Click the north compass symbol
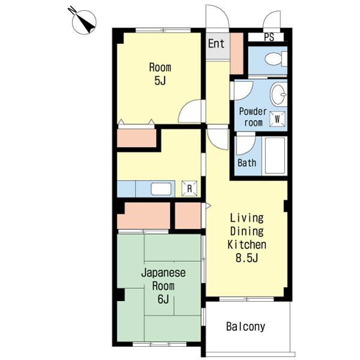click(x=83, y=22)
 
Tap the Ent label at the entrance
click(x=216, y=44)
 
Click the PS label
click(x=269, y=37)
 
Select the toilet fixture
click(x=276, y=59)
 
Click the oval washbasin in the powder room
click(x=279, y=94)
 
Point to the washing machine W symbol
click(x=277, y=119)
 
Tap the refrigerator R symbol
click(x=190, y=188)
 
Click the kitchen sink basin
click(x=161, y=189)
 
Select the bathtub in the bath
click(x=275, y=156)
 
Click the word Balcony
click(x=245, y=326)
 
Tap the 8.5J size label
click(x=247, y=258)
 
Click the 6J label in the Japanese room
click(x=163, y=299)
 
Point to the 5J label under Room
click(x=160, y=80)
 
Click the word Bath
click(x=247, y=163)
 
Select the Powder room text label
click(x=253, y=117)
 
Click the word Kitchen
click(x=247, y=245)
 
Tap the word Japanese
click(x=163, y=273)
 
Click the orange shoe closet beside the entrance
click(x=237, y=53)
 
